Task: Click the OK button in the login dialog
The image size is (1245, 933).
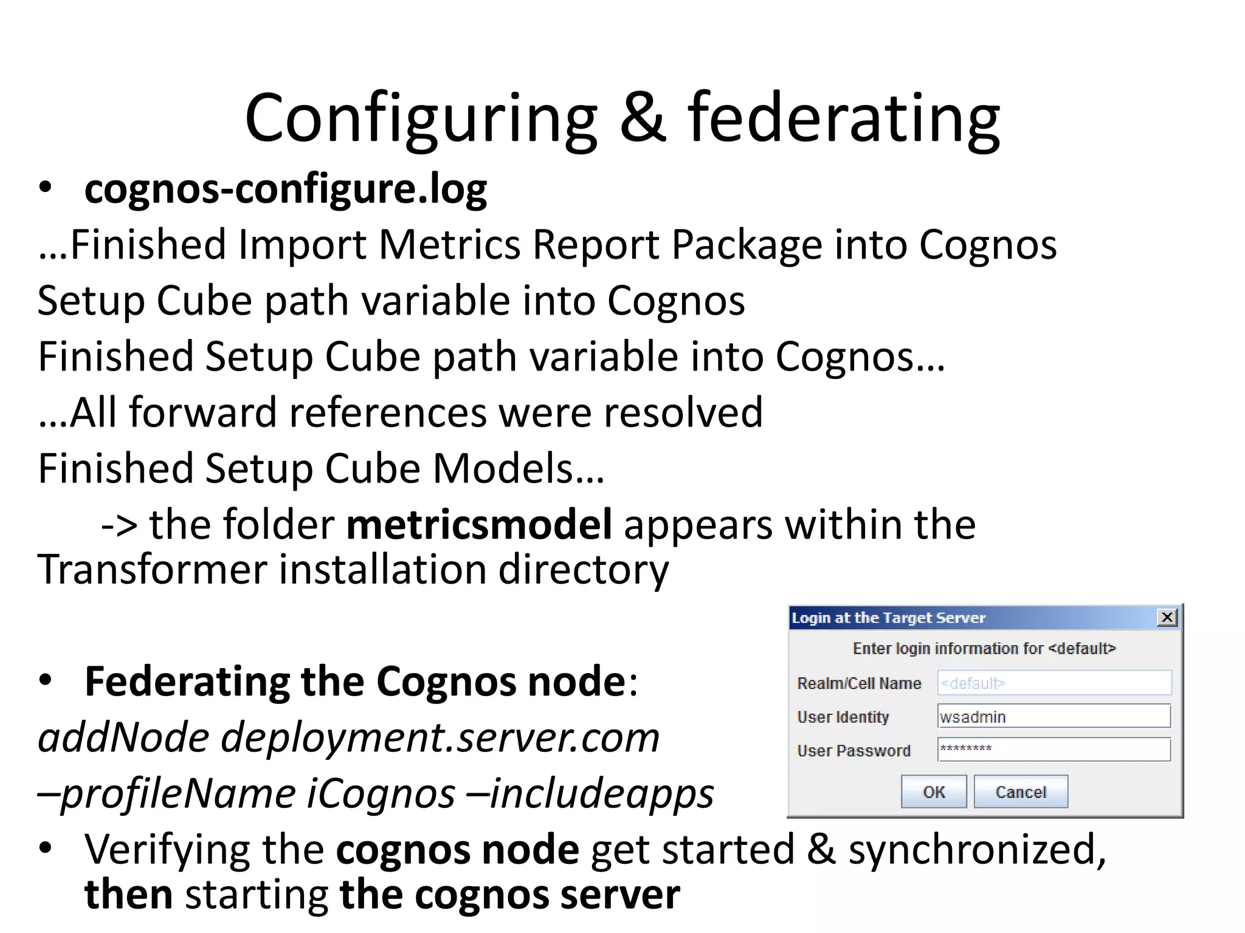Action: (x=933, y=791)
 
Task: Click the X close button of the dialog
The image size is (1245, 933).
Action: (x=1167, y=618)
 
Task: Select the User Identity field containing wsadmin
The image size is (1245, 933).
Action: (x=1054, y=717)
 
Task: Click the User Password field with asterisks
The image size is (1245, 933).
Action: (x=1054, y=750)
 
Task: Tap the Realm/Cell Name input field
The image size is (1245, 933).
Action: (x=1054, y=683)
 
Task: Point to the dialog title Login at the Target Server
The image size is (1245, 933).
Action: (x=888, y=618)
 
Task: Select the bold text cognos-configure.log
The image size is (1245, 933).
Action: (x=285, y=190)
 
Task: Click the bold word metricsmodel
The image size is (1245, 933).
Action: (x=479, y=524)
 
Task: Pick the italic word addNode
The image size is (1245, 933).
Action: (x=123, y=737)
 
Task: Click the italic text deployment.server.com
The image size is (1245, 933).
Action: (x=440, y=737)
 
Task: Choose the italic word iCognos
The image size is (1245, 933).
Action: (x=381, y=793)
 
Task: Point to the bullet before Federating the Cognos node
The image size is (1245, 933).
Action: (x=46, y=680)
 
